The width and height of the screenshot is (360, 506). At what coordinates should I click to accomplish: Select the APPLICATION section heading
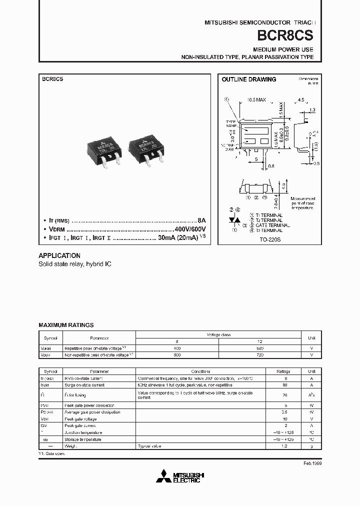click(x=59, y=255)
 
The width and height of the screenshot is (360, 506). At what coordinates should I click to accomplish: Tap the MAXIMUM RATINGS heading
click(x=66, y=325)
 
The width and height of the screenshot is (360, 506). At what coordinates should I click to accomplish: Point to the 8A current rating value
click(x=201, y=220)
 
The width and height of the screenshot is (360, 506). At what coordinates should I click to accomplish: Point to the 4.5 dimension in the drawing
click(x=300, y=100)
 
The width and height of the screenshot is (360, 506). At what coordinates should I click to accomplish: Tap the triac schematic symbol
click(x=233, y=220)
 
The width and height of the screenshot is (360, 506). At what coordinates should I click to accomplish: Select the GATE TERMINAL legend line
click(x=269, y=225)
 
